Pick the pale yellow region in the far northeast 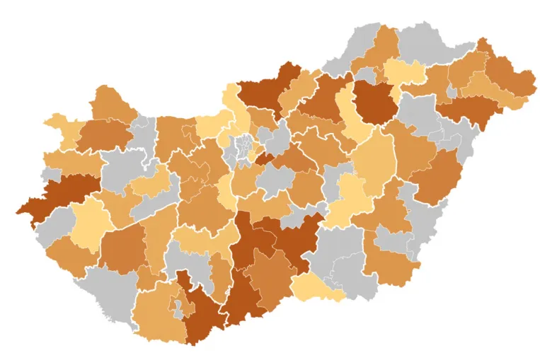[x=406, y=73]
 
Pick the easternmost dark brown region [x=467, y=110]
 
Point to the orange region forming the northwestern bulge [x=113, y=105]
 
